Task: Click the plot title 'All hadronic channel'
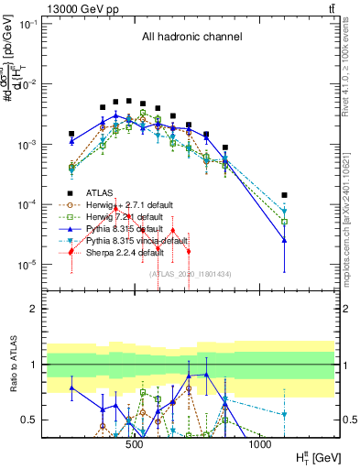191,38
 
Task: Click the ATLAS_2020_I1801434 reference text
191,273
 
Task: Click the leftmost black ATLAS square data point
71,134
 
